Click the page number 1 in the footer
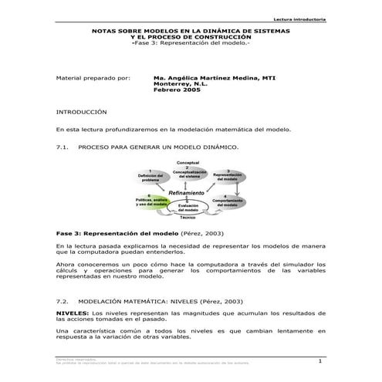coord(319,361)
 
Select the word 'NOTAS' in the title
coord(103,32)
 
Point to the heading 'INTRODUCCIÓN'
coord(82,111)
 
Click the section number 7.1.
coord(64,145)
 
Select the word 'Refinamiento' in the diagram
coord(186,192)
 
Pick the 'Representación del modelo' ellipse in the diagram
coord(227,175)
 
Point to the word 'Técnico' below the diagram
coord(188,218)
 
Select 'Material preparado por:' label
coord(94,78)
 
